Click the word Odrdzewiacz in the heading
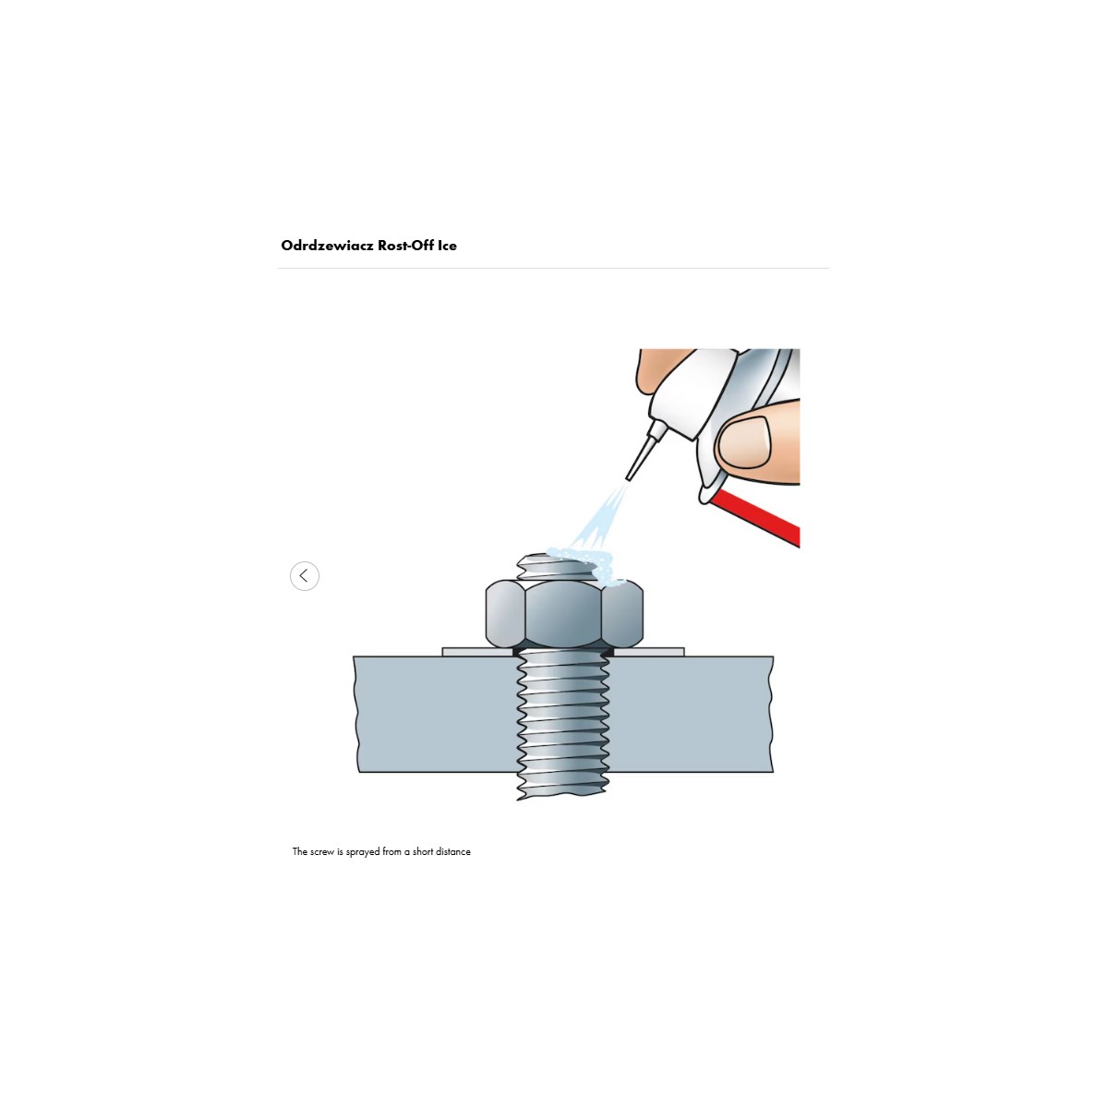click(327, 246)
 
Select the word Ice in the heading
click(447, 246)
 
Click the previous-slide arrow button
click(304, 575)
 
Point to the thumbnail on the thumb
click(745, 441)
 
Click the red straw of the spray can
click(754, 515)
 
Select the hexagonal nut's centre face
click(563, 614)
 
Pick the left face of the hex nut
click(505, 614)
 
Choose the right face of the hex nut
click(622, 614)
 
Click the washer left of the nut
click(477, 652)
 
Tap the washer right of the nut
click(648, 652)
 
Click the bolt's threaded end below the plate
click(563, 786)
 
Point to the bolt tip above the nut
click(557, 566)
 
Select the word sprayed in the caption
click(363, 852)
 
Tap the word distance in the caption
click(453, 851)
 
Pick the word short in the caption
click(423, 851)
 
